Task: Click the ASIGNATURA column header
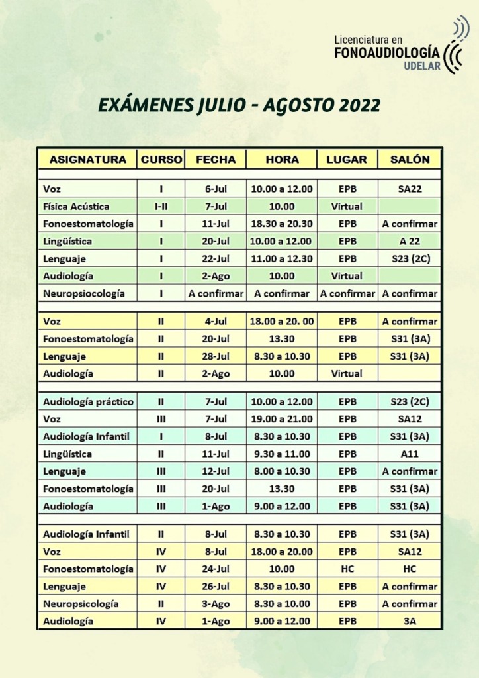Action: pos(88,160)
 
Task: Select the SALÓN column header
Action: pos(410,160)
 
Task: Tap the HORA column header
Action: pos(282,160)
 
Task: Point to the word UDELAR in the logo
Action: pos(421,66)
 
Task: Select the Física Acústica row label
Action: pos(76,207)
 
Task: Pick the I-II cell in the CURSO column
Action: pos(161,207)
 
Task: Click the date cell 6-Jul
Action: pos(216,189)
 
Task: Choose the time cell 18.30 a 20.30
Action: pos(282,224)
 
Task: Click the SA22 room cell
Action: pos(410,189)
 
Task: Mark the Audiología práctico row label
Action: pos(88,402)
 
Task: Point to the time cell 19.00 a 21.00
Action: pos(282,419)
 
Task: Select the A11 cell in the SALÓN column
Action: pos(410,454)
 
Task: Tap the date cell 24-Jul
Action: pos(216,569)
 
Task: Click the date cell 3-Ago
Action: pos(216,604)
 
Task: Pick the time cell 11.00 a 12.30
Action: pos(282,258)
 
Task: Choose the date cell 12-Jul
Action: pos(216,471)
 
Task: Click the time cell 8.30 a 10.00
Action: pos(282,604)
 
